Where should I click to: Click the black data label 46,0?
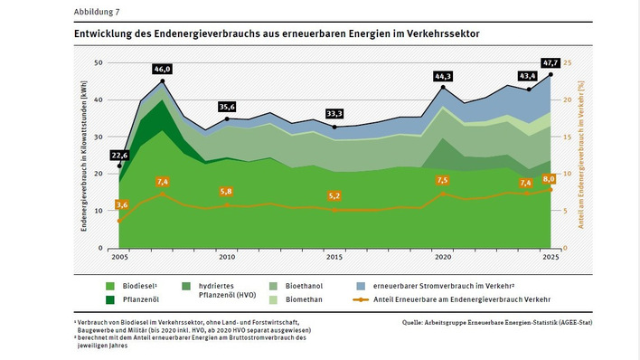(162, 69)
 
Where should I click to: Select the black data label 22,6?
(118, 155)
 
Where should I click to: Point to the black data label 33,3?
(334, 114)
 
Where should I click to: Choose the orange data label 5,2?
(334, 195)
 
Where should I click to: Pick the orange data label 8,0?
(549, 179)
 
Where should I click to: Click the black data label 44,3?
(443, 77)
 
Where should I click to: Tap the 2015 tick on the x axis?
(334, 257)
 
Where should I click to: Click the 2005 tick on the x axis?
(119, 257)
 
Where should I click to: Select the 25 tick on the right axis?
(568, 62)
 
